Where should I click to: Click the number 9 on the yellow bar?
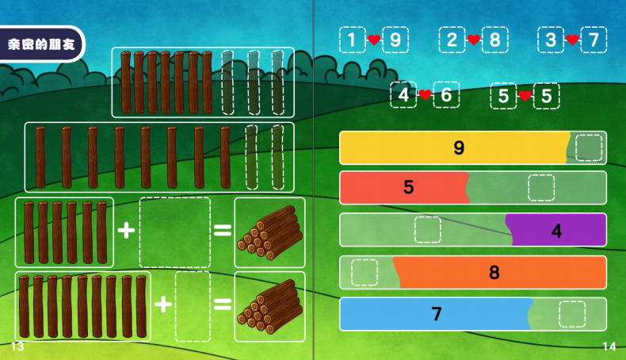tap(459, 147)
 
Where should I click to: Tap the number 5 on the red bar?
tap(409, 188)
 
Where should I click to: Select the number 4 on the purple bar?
tap(556, 231)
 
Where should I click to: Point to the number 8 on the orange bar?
tap(494, 273)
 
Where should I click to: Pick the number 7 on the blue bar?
tap(437, 314)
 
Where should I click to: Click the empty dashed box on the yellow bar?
tap(589, 147)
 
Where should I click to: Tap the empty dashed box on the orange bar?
tap(365, 272)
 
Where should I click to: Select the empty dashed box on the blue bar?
tap(571, 314)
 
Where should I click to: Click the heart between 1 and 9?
tap(374, 40)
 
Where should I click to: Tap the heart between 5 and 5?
tap(525, 96)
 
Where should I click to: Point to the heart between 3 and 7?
tap(572, 40)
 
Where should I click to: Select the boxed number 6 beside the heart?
tap(446, 96)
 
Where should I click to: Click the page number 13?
tap(17, 347)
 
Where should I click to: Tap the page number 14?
tap(609, 347)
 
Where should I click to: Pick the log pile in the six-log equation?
tap(269, 232)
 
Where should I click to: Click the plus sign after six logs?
tap(126, 231)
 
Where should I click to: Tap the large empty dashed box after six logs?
tap(174, 232)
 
